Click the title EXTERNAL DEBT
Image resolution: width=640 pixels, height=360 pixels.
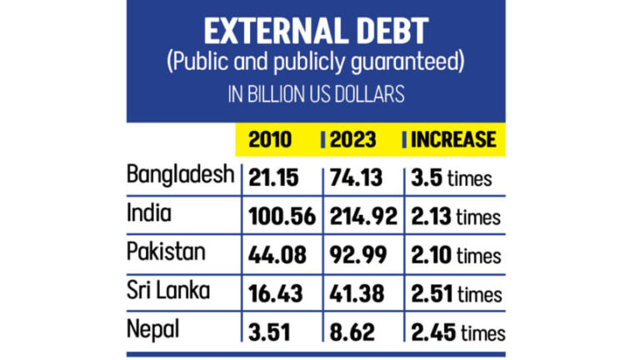316,31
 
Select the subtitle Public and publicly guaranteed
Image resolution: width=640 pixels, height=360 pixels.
316,63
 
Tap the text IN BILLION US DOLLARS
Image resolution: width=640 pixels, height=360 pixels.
316,94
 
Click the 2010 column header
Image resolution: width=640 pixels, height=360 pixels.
270,139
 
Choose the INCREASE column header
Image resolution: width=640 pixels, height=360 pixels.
453,139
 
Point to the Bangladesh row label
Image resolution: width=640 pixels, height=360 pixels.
180,175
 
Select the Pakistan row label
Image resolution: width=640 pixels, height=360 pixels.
162,253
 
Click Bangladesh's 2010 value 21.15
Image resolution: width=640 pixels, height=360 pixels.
271,177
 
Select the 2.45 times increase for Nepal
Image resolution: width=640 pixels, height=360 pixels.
457,332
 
